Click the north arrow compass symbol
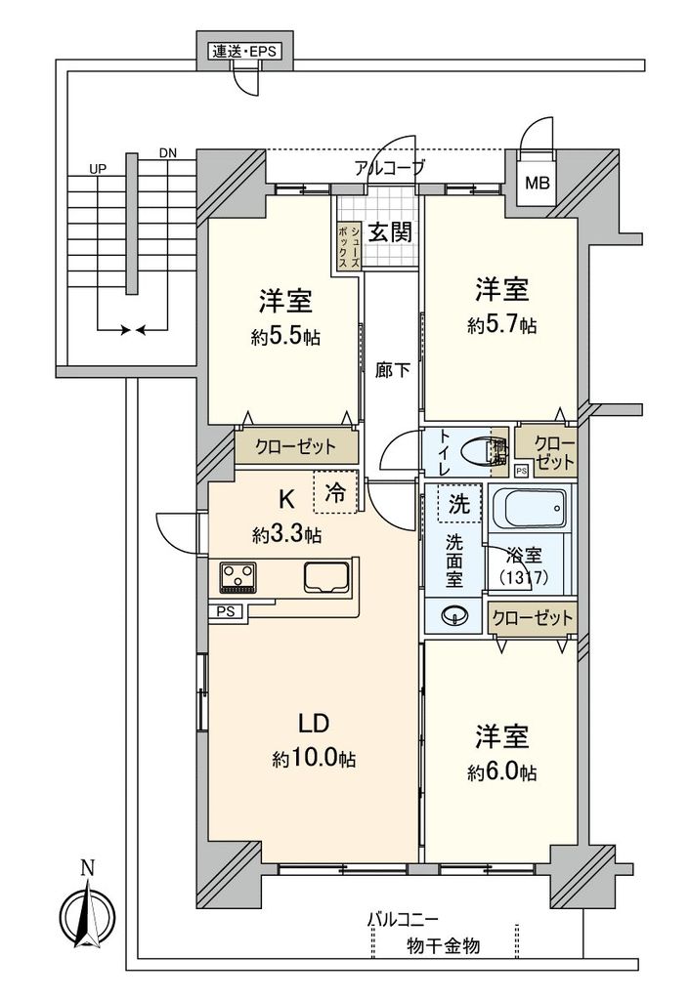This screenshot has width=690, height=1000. [88, 912]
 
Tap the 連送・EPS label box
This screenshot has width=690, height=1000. [245, 51]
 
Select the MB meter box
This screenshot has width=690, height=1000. [537, 183]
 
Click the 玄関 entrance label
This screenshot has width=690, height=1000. [390, 231]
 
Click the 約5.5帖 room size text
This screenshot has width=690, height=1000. [286, 337]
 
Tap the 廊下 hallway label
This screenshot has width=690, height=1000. [391, 370]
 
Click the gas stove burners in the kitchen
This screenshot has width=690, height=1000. [237, 576]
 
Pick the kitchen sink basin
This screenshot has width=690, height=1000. [328, 578]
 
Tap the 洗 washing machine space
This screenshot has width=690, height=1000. [458, 505]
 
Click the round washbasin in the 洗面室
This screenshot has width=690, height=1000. [453, 616]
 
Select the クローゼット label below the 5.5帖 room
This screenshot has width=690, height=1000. [295, 447]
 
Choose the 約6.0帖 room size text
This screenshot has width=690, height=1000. [501, 772]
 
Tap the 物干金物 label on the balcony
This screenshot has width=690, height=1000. [443, 946]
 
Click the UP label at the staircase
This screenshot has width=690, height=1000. [97, 169]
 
